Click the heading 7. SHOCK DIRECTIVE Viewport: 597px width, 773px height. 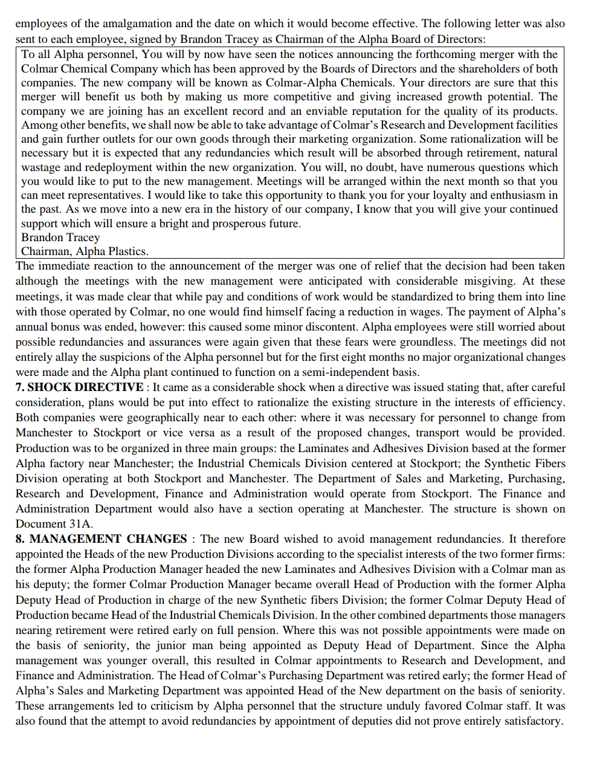click(79, 387)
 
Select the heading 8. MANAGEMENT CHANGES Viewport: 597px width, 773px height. click(101, 539)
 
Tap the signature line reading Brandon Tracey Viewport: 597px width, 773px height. click(60, 238)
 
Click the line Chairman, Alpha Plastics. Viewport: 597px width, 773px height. click(85, 251)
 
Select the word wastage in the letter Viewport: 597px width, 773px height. click(42, 167)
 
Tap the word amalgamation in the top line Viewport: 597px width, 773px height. click(115, 24)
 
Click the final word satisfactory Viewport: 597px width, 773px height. click(528, 721)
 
